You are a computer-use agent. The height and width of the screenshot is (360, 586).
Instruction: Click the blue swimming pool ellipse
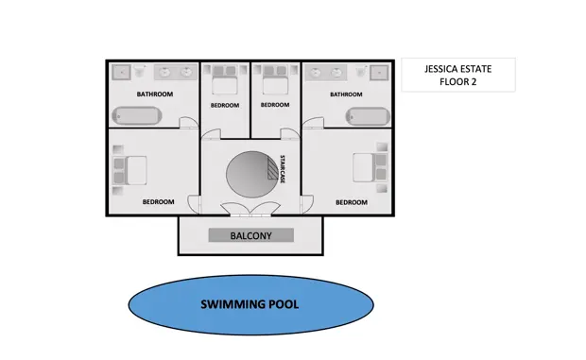[x=250, y=305]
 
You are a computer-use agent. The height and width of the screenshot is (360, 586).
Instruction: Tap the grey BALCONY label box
[x=251, y=235]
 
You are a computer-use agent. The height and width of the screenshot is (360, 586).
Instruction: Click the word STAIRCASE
[x=283, y=169]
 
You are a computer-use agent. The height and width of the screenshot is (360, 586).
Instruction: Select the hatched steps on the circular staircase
[x=272, y=168]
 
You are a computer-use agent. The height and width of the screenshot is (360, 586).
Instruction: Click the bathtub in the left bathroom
[x=137, y=115]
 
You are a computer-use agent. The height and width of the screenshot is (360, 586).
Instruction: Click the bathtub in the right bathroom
[x=368, y=116]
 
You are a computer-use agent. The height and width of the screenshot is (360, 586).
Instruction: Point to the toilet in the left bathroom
[x=140, y=70]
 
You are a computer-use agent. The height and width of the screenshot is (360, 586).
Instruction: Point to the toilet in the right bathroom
[x=361, y=71]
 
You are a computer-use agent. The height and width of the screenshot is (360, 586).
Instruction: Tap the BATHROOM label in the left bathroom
[x=155, y=94]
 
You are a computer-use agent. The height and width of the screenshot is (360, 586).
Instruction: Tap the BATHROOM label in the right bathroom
[x=346, y=94]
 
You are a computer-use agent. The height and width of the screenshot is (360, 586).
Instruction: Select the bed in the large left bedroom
[x=130, y=170]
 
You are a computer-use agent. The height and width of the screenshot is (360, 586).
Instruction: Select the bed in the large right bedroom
[x=370, y=167]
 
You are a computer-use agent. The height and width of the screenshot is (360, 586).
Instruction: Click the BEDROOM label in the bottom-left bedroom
[x=158, y=201]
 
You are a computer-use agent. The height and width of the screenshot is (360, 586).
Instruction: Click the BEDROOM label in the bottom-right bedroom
[x=352, y=202]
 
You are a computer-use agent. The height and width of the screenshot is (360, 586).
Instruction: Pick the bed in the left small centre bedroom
[x=225, y=80]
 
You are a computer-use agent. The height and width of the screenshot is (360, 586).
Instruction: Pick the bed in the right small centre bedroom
[x=275, y=80]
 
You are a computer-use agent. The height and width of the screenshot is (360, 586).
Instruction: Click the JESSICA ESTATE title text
[x=457, y=69]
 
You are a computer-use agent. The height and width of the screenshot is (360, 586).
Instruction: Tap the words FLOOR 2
[x=457, y=82]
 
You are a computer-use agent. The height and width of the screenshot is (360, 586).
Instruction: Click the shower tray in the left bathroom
[x=122, y=72]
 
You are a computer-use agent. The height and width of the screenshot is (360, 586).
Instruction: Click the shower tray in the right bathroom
[x=379, y=73]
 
